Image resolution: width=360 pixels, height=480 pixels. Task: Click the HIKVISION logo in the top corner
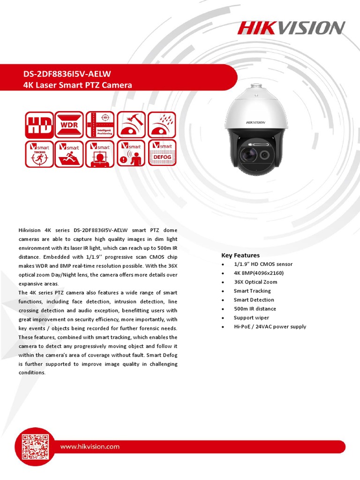click(291, 28)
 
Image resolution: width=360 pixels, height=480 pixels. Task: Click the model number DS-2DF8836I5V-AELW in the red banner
click(67, 75)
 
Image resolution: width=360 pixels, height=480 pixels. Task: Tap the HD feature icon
click(39, 125)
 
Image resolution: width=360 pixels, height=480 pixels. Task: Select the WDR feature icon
click(69, 125)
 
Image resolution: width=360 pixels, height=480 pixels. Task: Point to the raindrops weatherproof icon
click(162, 125)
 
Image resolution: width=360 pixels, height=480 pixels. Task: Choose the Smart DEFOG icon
click(162, 154)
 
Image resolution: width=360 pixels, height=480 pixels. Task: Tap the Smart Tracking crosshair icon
click(39, 154)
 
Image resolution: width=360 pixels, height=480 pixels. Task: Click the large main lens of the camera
click(247, 154)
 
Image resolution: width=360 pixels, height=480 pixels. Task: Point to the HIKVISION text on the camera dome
click(255, 122)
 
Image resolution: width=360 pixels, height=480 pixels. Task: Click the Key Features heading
click(240, 255)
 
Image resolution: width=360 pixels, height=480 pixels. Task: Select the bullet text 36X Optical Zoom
click(255, 282)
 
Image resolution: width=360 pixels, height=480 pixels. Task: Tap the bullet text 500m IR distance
click(255, 309)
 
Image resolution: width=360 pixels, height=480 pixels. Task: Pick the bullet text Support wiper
click(251, 318)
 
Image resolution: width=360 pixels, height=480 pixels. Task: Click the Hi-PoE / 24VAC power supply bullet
click(270, 327)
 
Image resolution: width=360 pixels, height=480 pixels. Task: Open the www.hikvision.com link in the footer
click(90, 447)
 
